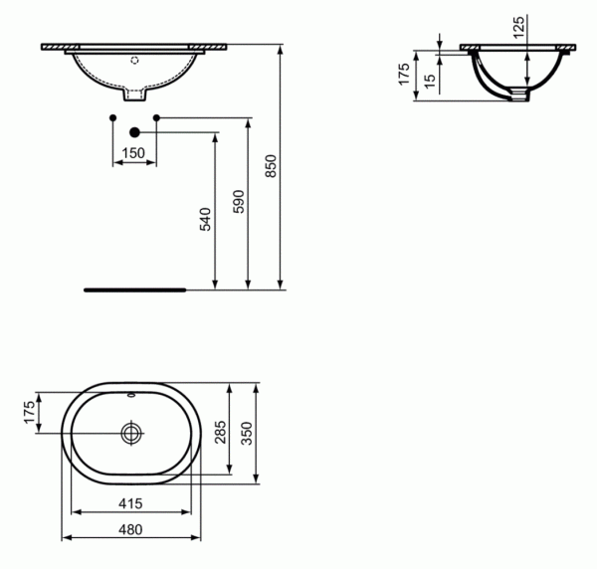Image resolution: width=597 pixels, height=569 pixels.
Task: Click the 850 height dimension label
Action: [x=271, y=166]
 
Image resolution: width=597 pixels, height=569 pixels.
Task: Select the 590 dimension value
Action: [x=239, y=201]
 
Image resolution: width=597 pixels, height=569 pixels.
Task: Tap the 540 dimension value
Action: [x=206, y=219]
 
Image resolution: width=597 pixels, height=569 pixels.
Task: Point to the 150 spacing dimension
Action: [x=133, y=153]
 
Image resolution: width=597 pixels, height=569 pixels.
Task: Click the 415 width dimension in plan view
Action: [x=130, y=503]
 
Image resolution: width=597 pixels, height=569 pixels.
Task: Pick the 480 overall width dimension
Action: [x=130, y=529]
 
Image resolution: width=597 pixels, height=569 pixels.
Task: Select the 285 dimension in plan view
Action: [x=221, y=432]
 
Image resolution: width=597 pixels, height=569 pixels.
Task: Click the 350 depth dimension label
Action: [x=247, y=434]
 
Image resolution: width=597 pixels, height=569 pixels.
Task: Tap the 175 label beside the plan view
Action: [x=29, y=412]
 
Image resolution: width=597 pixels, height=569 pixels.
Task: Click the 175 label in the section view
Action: [x=404, y=75]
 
